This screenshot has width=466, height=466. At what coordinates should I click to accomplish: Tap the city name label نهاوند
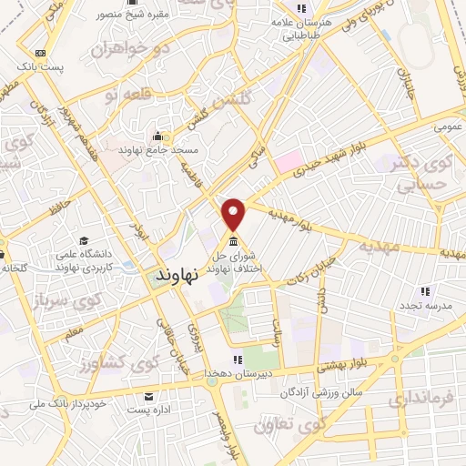176,273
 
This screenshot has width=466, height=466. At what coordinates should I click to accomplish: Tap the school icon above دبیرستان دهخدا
239,358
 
